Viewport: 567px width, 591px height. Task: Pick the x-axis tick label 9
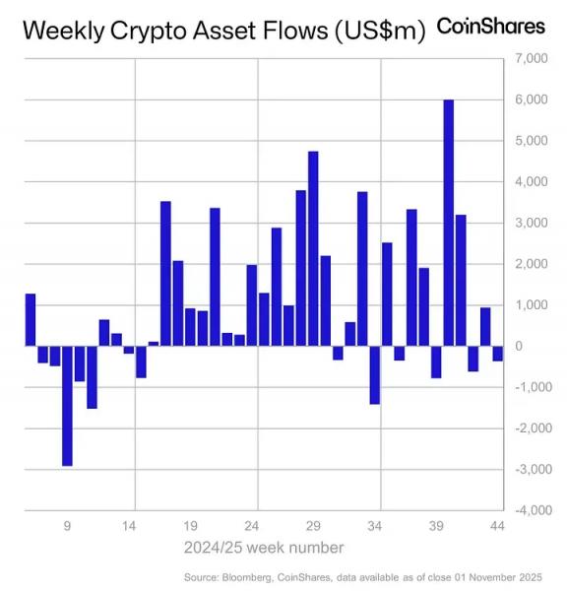(67, 526)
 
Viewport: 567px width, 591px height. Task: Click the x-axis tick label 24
(252, 526)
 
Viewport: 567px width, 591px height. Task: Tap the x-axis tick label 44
(497, 526)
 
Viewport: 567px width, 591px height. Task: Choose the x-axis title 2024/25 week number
(264, 547)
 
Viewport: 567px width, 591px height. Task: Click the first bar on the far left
(30, 319)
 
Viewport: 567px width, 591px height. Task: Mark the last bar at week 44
(497, 354)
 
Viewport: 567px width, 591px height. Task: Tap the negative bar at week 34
(374, 374)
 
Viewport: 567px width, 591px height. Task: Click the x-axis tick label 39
(436, 526)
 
